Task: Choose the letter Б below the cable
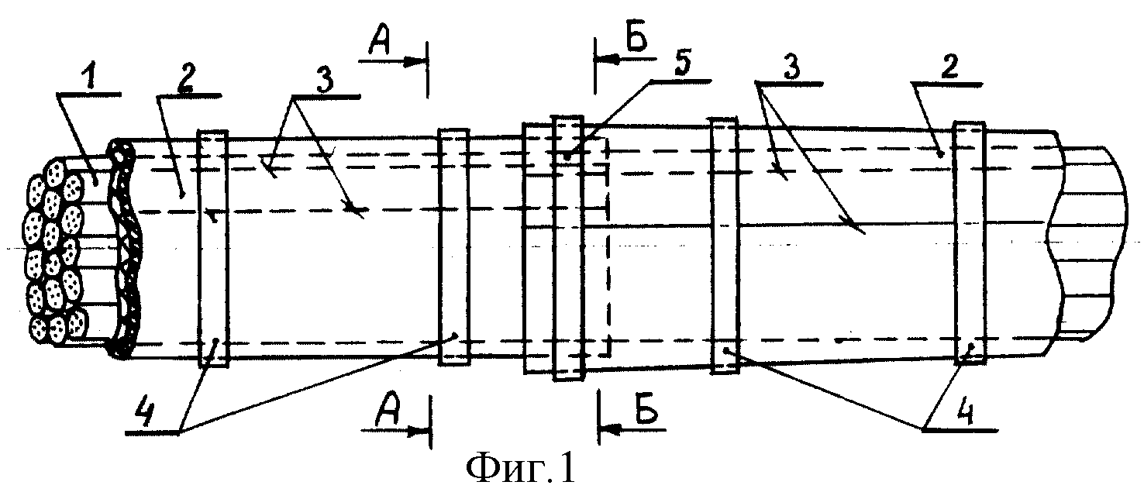click(646, 409)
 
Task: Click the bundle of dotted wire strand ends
click(53, 251)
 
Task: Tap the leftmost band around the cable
click(213, 248)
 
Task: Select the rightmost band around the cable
click(970, 243)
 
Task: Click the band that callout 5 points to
click(568, 248)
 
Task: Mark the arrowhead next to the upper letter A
click(415, 61)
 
